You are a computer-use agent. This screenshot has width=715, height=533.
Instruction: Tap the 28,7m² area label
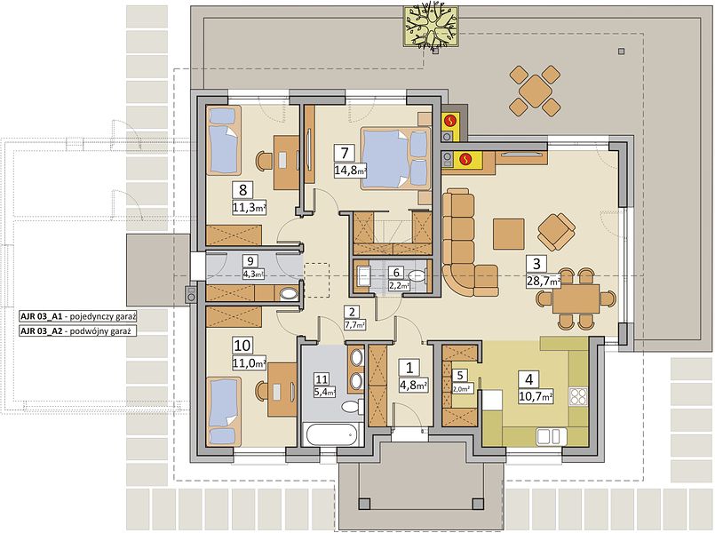click(544, 282)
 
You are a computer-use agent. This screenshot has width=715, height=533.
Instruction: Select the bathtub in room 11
click(332, 435)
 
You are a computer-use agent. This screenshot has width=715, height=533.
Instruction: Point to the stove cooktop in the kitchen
click(579, 396)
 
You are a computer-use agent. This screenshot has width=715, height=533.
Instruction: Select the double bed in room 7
click(395, 158)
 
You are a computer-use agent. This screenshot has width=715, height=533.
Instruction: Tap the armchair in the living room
click(556, 232)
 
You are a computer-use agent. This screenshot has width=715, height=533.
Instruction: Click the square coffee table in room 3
click(508, 234)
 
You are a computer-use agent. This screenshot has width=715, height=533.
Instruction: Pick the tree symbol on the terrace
click(431, 27)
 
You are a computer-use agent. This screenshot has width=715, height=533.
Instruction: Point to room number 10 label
click(242, 346)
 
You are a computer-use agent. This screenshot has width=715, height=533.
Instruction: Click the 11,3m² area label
click(249, 208)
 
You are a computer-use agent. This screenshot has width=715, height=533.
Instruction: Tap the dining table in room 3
click(576, 298)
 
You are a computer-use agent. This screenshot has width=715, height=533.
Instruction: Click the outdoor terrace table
click(535, 90)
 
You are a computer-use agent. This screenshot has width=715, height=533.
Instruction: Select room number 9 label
click(250, 261)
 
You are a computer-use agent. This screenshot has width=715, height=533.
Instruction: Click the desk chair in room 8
click(264, 162)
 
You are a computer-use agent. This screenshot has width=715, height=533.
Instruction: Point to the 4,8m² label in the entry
click(413, 385)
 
